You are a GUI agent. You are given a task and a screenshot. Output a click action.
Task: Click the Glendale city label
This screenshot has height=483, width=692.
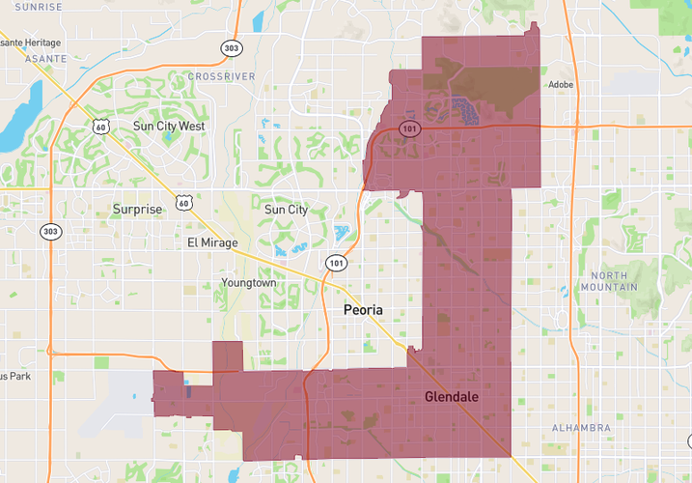tap(452, 397)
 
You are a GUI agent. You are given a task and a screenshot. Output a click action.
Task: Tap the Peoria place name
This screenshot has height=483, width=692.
tap(363, 310)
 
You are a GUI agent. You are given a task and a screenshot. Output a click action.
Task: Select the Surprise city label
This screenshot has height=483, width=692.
tap(138, 208)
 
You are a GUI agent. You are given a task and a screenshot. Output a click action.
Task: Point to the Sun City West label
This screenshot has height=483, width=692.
tap(169, 126)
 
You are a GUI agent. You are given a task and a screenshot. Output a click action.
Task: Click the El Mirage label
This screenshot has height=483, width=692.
tap(212, 242)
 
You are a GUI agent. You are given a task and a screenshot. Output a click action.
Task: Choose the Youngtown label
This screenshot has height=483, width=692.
tap(249, 283)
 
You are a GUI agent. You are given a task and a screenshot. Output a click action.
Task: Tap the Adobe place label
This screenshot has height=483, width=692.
tap(561, 84)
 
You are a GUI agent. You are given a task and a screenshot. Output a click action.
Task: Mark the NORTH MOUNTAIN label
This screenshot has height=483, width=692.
tap(609, 281)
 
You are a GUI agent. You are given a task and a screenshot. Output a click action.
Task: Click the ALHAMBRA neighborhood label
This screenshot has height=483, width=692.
tap(582, 427)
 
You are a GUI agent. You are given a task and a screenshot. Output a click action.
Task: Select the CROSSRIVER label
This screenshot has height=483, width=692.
tap(221, 75)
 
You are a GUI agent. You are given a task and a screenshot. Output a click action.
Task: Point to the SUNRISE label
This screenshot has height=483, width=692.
tap(38, 6)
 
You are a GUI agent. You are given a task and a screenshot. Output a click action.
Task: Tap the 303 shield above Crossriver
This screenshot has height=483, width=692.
tap(231, 47)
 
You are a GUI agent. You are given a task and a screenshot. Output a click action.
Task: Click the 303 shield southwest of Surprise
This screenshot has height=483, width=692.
tap(51, 232)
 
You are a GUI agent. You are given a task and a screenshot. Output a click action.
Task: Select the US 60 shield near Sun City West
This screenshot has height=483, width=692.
tap(100, 127)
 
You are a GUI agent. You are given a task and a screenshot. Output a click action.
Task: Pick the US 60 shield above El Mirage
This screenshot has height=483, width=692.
tap(182, 200)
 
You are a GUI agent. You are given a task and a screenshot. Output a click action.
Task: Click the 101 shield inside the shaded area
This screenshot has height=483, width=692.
tap(410, 129)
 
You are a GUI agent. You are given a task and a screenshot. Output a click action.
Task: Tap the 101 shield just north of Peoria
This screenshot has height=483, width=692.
tap(335, 263)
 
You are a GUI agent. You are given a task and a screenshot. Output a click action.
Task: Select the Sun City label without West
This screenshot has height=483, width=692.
tap(286, 209)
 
